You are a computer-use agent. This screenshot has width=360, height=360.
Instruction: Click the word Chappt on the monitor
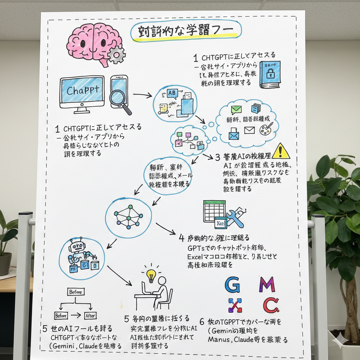[x=82, y=90]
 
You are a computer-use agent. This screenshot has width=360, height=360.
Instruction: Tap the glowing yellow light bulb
[x=151, y=275]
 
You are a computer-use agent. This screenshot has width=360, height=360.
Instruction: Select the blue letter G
[x=232, y=284]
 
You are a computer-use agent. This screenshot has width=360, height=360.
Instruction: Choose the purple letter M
[x=267, y=284]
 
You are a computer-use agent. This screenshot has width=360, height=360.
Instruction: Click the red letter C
[x=271, y=305]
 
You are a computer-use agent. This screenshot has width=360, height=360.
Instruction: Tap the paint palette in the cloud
[x=266, y=129]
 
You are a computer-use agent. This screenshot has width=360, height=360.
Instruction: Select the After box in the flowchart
[x=90, y=316]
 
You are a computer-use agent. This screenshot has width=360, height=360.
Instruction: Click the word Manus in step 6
[x=219, y=340]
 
